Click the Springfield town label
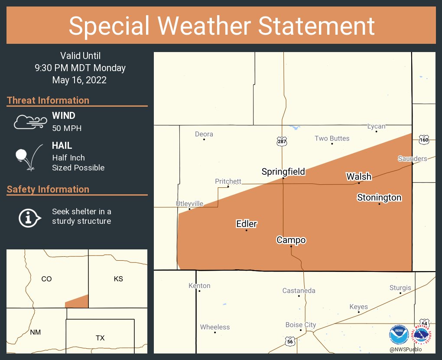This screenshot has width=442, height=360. (283, 172)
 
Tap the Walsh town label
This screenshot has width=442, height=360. (359, 177)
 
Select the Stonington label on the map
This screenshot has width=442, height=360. (379, 198)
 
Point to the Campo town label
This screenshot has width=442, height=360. (291, 240)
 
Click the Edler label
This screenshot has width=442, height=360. (247, 224)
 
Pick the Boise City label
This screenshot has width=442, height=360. (301, 324)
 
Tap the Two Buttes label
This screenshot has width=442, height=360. (332, 138)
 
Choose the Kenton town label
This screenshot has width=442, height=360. (199, 285)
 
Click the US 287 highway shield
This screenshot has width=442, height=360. (282, 141)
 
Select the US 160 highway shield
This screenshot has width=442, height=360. (424, 140)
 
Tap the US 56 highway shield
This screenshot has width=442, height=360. (289, 342)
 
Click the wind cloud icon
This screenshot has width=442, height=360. (30, 122)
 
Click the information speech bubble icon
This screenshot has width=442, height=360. (29, 217)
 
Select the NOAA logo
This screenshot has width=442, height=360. (399, 335)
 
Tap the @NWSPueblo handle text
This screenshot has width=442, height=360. (405, 350)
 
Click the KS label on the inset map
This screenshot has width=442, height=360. (118, 279)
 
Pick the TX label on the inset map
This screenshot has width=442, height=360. (100, 338)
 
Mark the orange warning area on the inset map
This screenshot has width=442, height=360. (78, 302)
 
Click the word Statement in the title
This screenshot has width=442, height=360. (317, 26)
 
